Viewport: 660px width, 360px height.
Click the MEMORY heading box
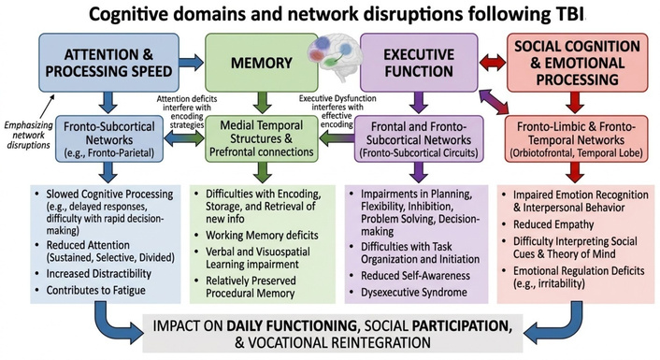(x=262, y=63)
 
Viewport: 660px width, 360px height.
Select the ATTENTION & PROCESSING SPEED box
(x=108, y=63)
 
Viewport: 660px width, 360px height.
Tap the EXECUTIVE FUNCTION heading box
(x=419, y=63)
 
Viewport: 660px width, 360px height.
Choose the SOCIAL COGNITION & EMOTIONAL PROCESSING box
(x=577, y=63)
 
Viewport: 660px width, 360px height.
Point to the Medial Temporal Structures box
(x=262, y=138)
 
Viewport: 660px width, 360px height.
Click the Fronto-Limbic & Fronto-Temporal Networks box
(x=576, y=139)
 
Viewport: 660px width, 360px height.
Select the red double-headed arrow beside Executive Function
(x=493, y=64)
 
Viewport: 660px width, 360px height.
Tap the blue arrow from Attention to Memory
(x=191, y=63)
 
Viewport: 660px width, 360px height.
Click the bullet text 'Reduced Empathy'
(x=553, y=224)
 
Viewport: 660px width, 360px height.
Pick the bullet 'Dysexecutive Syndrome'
(x=414, y=293)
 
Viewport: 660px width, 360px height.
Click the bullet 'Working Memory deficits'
(x=262, y=236)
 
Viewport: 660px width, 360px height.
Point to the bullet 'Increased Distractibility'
(x=98, y=274)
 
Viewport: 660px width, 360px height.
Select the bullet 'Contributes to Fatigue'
(x=96, y=290)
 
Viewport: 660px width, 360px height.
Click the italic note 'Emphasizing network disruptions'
(x=29, y=136)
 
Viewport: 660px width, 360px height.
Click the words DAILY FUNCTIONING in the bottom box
(x=292, y=326)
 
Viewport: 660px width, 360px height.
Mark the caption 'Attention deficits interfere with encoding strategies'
(x=187, y=111)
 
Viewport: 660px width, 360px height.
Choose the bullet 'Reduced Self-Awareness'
(x=415, y=276)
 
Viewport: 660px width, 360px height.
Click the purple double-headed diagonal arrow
(x=494, y=102)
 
